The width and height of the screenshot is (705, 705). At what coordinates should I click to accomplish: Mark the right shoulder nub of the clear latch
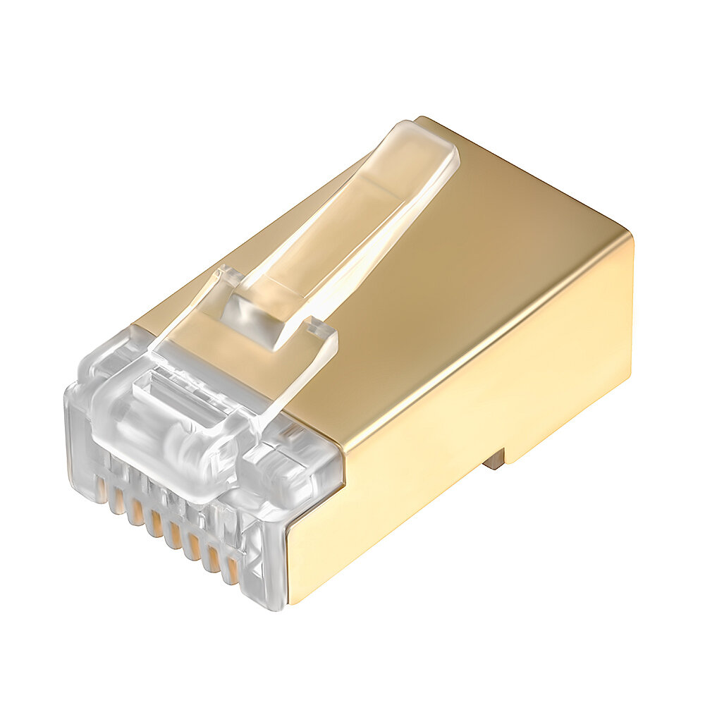pyautogui.click(x=321, y=331)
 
